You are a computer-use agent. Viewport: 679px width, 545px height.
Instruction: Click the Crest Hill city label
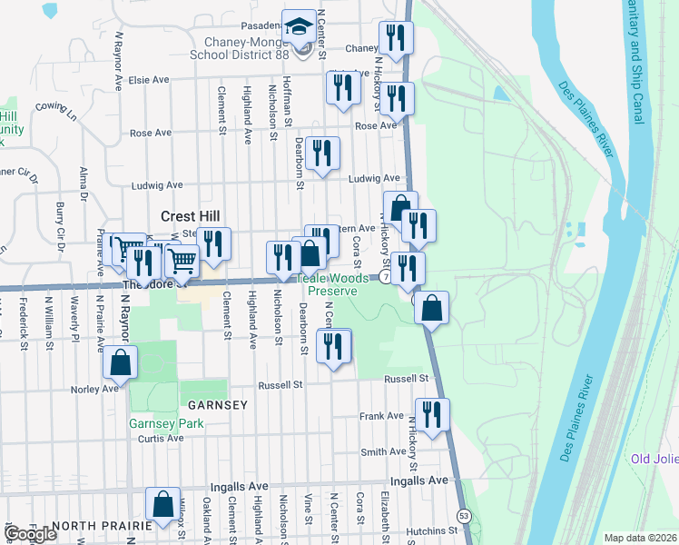(192, 216)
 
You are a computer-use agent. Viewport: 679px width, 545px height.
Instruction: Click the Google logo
(31, 534)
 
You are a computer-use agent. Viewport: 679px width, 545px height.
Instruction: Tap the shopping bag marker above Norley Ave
(121, 362)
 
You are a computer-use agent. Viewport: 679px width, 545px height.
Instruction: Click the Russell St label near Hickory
(405, 378)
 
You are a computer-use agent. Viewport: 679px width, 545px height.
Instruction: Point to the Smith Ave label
(383, 451)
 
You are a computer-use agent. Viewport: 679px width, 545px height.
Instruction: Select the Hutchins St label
(432, 530)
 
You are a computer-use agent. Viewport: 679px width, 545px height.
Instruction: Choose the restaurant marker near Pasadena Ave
(395, 37)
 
